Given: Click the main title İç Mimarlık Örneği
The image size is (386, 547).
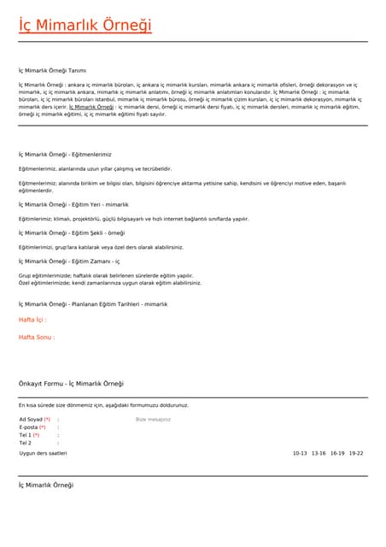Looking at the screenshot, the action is (x=85, y=26).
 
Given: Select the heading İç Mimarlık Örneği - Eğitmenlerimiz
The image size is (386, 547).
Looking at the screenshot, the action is (x=65, y=154).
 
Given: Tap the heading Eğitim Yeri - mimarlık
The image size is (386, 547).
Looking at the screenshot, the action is (x=73, y=205).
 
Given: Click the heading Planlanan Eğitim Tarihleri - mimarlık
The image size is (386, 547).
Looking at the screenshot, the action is (x=93, y=304).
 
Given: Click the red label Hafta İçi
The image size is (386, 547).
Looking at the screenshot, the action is (x=32, y=320).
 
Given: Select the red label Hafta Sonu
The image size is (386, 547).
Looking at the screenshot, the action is (x=36, y=337).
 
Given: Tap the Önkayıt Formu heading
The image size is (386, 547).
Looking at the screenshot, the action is (x=71, y=384).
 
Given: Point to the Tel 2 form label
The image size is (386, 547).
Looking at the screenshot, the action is (x=25, y=443).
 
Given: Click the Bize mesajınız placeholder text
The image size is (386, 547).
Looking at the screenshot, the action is (x=154, y=420).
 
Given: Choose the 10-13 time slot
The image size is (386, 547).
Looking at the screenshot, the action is (x=299, y=454).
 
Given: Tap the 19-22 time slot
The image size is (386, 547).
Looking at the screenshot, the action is (x=356, y=454).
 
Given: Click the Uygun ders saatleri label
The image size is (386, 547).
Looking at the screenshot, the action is (x=43, y=454).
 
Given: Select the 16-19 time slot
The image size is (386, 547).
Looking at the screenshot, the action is (x=337, y=454).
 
